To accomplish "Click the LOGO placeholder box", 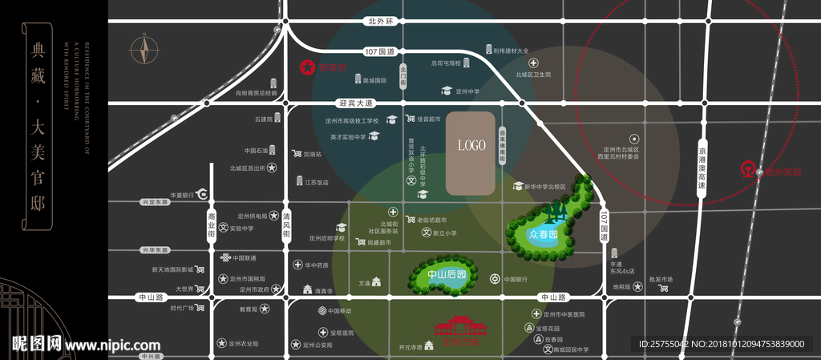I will click(471, 154).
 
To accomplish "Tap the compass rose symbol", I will click(144, 50).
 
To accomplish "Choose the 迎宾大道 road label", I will click(356, 103).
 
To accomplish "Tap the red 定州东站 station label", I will click(783, 171).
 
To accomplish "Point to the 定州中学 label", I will click(467, 91).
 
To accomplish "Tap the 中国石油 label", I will click(255, 150).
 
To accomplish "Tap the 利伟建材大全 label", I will click(511, 51).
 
